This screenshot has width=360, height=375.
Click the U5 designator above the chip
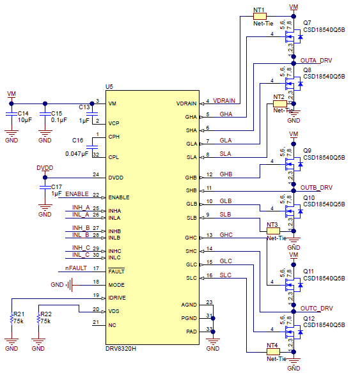109,86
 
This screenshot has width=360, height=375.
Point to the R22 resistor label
45,315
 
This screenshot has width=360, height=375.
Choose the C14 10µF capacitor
12,116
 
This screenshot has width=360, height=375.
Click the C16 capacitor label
78,140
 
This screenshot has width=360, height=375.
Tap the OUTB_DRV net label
316,187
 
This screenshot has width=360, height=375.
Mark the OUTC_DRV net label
316,308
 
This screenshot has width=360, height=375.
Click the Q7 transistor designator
307,23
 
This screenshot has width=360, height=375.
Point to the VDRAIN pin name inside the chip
187,103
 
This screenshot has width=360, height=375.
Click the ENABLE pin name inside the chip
119,197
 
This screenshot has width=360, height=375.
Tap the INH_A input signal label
81,208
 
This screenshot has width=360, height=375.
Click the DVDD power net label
45,167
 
